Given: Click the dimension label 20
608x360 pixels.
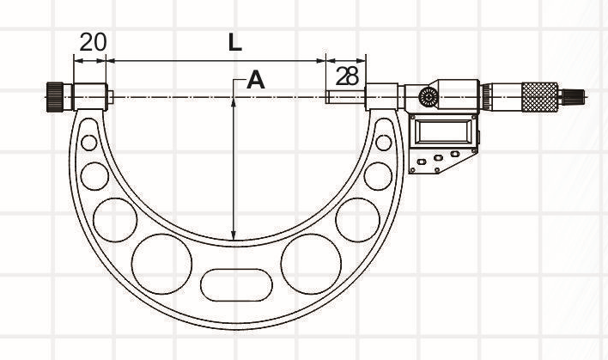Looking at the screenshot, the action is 93,42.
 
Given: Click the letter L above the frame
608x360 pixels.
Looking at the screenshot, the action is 235,43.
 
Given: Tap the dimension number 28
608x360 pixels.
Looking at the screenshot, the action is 347,76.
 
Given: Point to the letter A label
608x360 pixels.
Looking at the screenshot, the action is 256,80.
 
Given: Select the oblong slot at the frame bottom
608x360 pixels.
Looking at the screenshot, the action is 236,285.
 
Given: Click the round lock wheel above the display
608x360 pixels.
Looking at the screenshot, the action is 428,96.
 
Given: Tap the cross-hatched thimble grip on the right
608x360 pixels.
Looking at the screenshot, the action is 540,97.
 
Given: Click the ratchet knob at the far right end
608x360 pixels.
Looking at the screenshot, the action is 573,96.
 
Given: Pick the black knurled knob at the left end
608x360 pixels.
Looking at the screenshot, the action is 56,97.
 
